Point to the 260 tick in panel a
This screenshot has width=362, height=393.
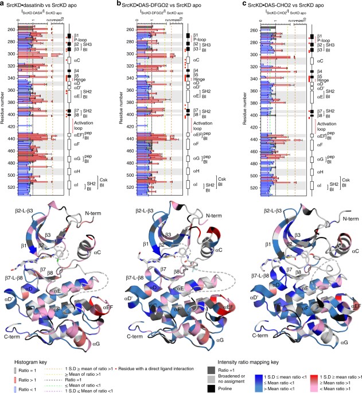coord(13,29)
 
